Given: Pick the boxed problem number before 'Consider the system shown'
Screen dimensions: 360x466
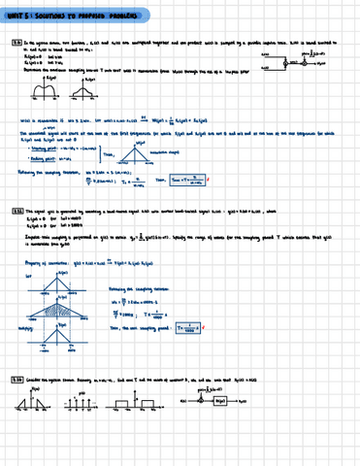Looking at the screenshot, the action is coord(16,404).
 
